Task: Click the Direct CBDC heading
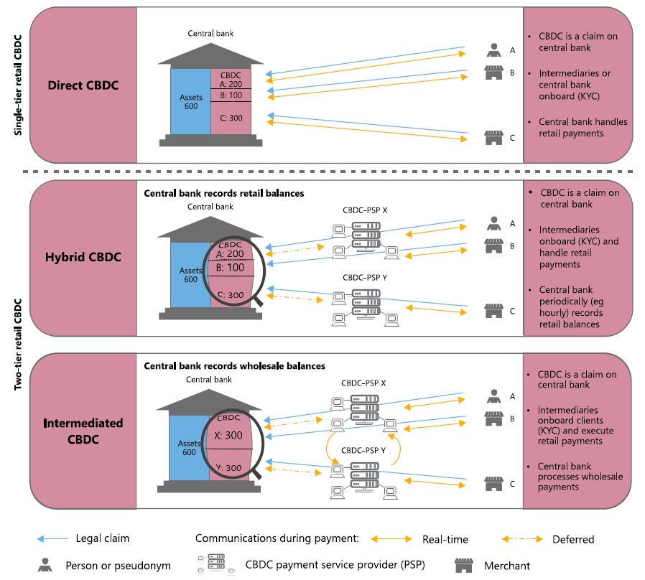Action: point(83,85)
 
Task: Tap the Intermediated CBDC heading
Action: point(83,430)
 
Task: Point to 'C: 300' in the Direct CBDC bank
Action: point(231,118)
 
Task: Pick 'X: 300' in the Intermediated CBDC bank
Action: point(231,435)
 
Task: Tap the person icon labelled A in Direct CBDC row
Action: point(493,51)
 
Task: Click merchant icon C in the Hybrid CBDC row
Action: point(493,310)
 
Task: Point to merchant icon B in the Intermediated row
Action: point(493,417)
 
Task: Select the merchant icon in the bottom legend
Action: point(460,565)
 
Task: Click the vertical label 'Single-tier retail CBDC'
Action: point(17,84)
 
